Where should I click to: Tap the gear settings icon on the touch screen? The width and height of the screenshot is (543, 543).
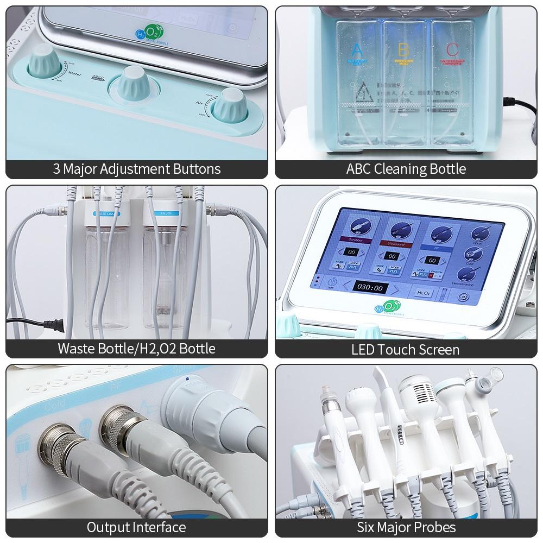463,297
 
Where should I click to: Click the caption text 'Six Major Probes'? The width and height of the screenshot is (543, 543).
406,527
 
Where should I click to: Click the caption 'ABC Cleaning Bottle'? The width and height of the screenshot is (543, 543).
406,168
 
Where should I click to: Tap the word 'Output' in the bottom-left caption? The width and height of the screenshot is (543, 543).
108,527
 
